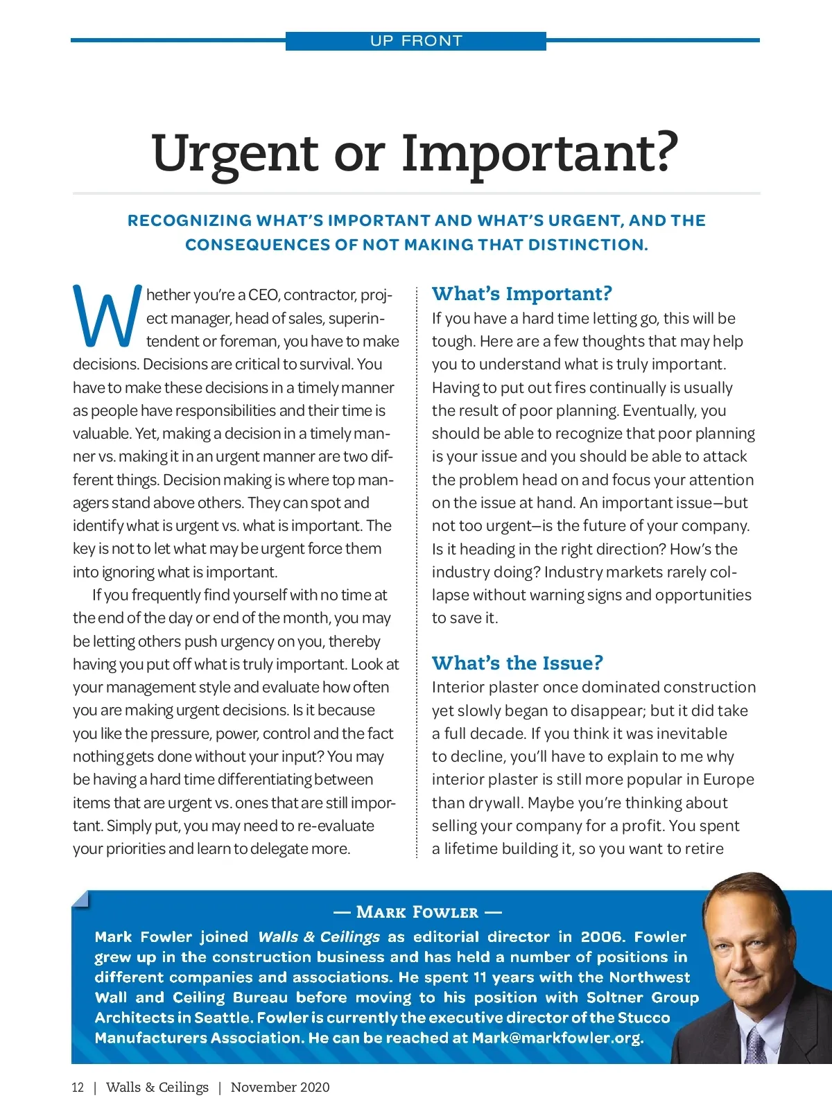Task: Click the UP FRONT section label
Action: coord(416,41)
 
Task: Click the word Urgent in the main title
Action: coord(234,154)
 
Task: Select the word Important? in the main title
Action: coord(539,154)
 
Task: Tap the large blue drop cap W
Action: coord(107,316)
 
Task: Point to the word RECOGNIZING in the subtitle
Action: coord(189,220)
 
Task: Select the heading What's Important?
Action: coord(521,293)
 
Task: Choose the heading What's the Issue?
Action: coord(517,663)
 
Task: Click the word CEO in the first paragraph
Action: coord(263,295)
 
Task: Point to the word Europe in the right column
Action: coord(728,779)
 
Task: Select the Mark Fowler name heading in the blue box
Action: coord(417,912)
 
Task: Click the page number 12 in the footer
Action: coord(78,1087)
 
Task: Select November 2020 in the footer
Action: coord(280,1087)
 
